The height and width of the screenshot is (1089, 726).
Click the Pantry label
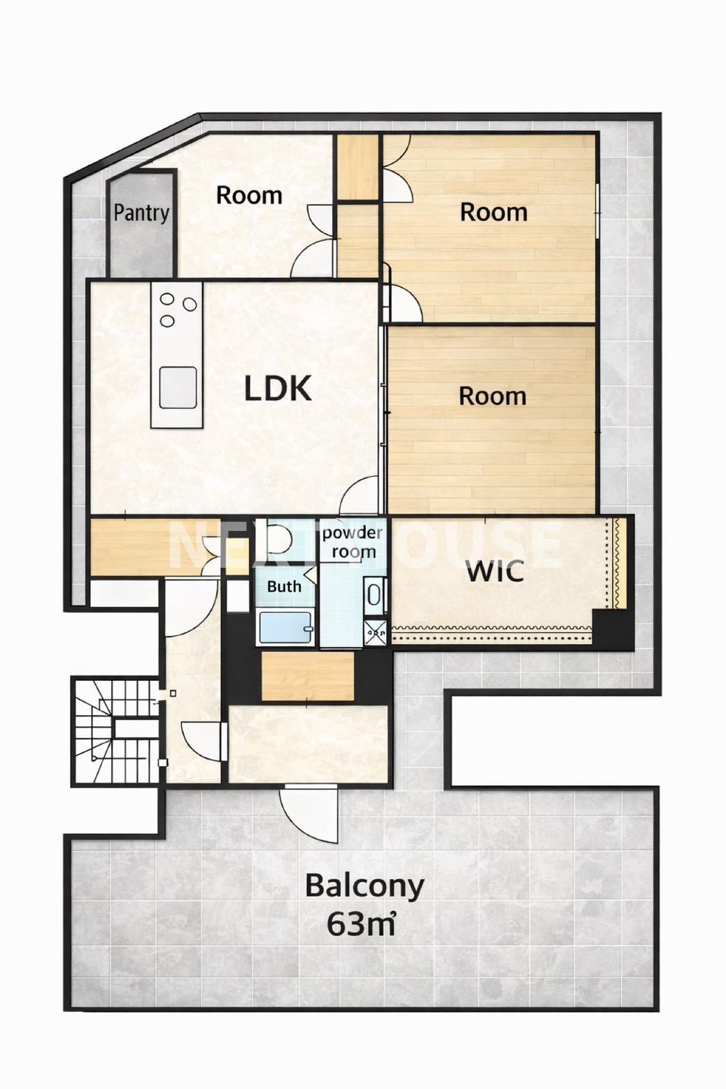pos(142,213)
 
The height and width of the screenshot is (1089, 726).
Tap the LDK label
pos(277,389)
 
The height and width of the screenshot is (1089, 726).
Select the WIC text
pos(495,572)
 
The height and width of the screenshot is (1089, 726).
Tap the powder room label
pos(352,542)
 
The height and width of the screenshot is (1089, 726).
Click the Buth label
pos(284,587)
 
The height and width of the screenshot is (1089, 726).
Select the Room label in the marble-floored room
pos(249,195)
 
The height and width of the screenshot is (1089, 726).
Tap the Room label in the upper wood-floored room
pos(494,213)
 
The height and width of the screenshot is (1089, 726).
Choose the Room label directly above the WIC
pos(493,396)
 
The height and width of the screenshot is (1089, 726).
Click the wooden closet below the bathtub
pos(308,676)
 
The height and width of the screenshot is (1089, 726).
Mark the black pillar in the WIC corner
pos(612,630)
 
